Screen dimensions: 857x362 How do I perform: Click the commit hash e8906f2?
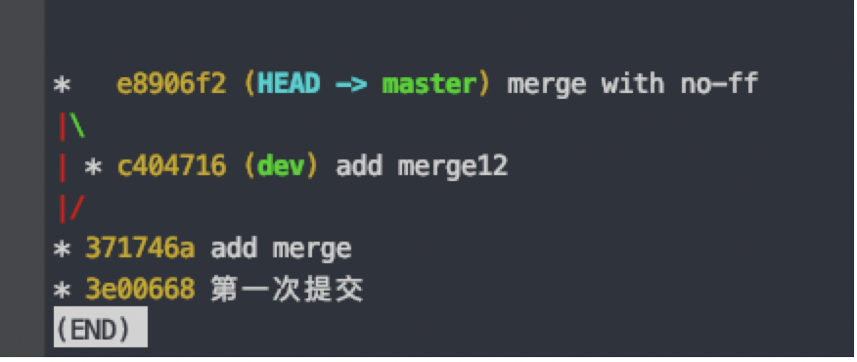(171, 84)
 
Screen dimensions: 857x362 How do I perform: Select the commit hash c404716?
(171, 166)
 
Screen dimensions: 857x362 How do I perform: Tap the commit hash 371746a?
(140, 249)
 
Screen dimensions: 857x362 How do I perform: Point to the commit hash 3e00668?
(140, 290)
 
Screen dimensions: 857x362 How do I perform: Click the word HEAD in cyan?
(289, 84)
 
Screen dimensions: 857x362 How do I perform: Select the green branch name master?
(428, 84)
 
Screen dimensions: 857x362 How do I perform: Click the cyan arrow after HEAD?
(350, 85)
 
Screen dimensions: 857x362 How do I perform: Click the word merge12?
(452, 166)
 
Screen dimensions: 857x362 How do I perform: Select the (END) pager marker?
(100, 330)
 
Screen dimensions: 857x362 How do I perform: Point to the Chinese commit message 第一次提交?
(288, 290)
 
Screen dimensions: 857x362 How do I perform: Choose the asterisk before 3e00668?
(62, 292)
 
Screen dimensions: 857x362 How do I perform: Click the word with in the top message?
(632, 84)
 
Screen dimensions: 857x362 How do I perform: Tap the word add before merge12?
(359, 166)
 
